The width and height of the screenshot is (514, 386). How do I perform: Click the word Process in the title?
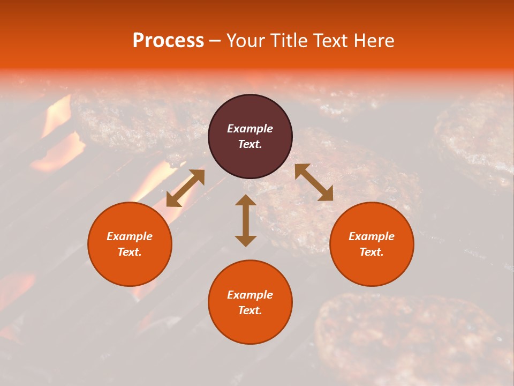pos(168,41)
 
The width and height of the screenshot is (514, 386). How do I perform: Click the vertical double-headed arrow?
pos(246,220)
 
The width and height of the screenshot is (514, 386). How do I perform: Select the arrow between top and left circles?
pos(185,188)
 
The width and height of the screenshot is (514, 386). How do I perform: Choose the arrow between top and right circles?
pos(314,182)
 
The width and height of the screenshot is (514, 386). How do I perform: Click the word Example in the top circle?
pos(250,129)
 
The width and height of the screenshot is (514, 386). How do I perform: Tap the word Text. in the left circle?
pos(130,252)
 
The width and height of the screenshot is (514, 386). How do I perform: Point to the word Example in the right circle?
pos(372,236)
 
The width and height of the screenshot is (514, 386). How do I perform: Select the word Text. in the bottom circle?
pos(250,310)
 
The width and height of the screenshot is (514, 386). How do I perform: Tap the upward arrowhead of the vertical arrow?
pos(246,201)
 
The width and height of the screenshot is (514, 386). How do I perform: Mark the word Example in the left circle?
pos(130,236)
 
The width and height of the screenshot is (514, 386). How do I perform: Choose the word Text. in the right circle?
pos(372,252)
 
